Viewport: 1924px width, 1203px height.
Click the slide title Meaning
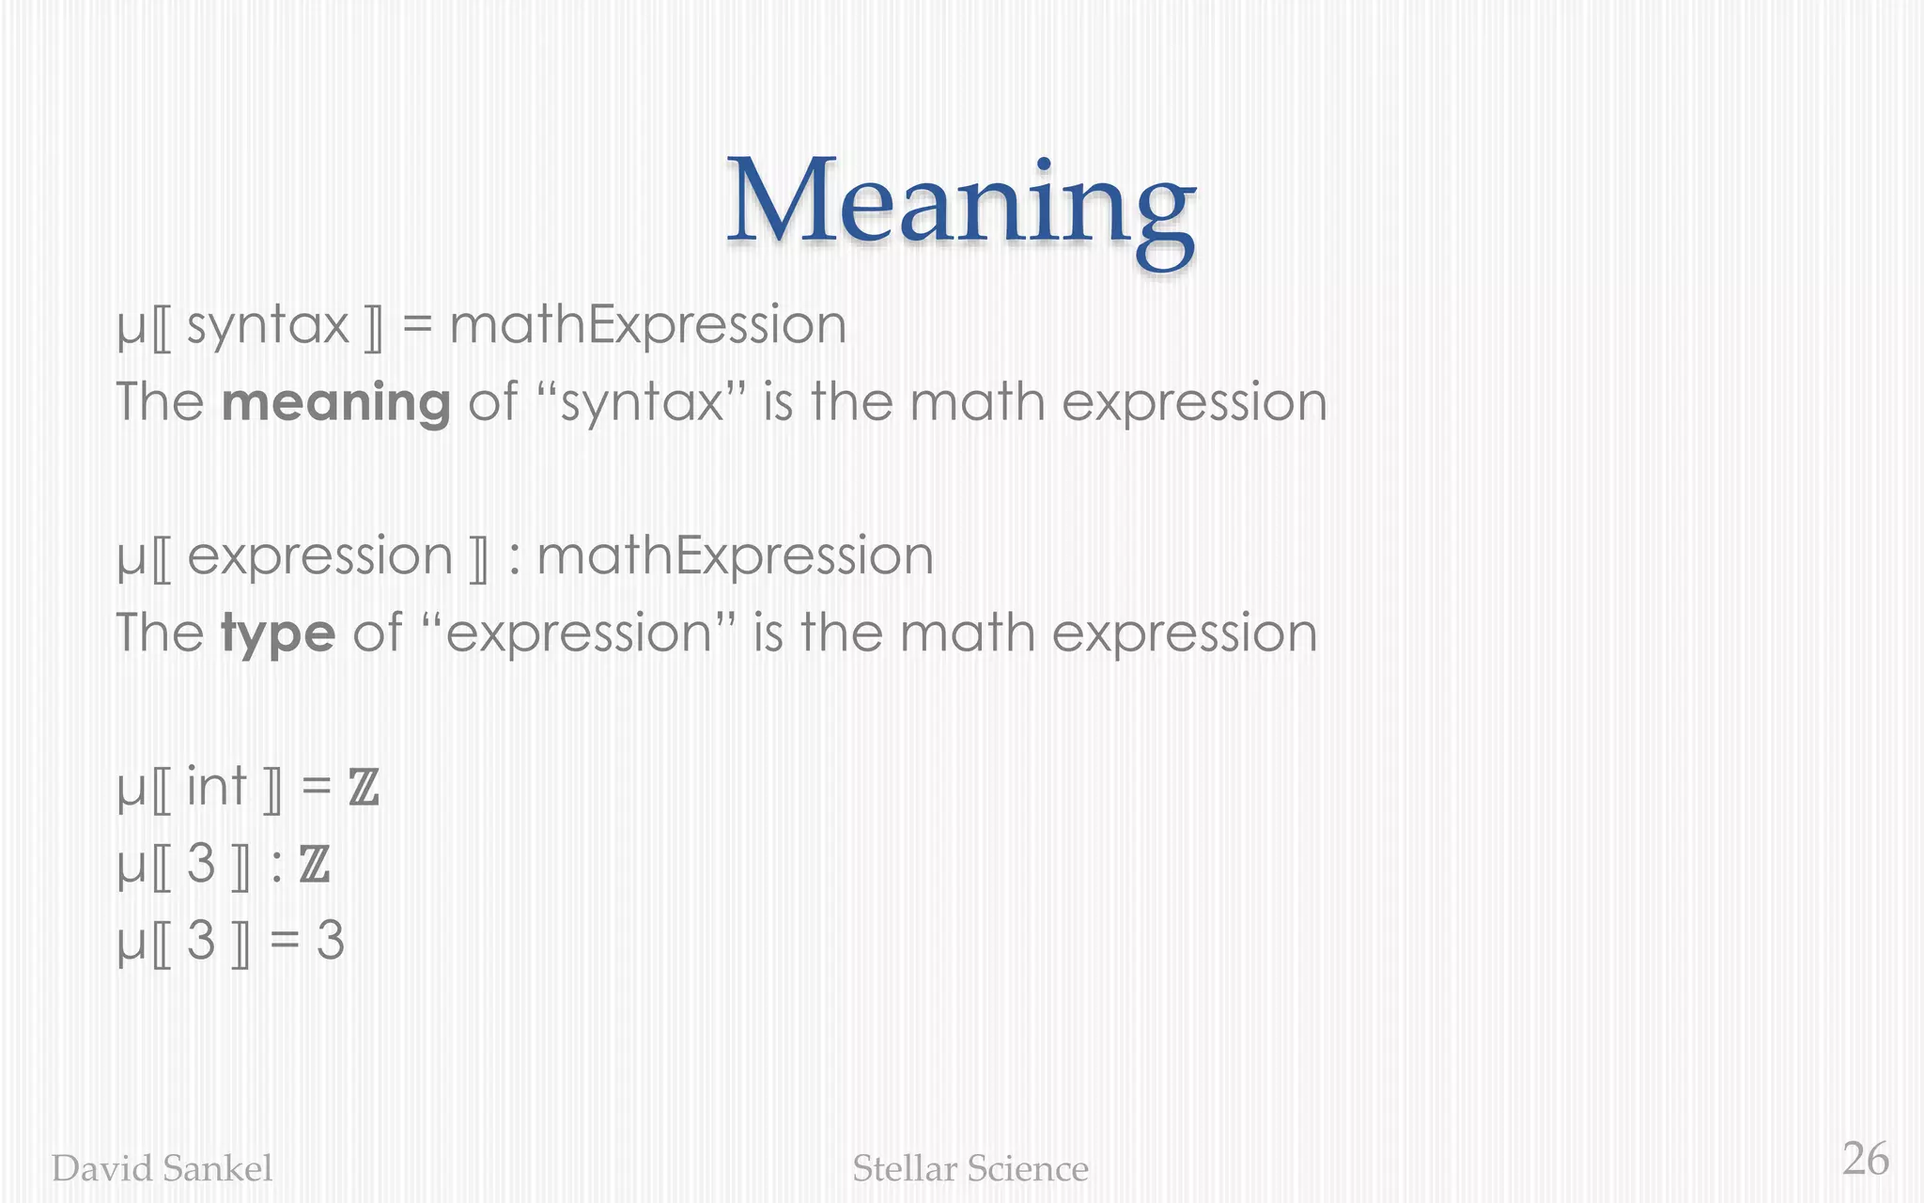click(960, 204)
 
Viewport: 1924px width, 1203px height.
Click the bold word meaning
click(335, 402)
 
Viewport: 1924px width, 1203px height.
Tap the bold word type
click(277, 633)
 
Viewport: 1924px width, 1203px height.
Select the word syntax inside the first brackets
click(268, 325)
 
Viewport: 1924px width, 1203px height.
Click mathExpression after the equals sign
click(648, 325)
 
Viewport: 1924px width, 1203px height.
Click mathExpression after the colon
click(735, 555)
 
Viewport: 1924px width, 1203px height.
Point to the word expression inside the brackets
click(320, 555)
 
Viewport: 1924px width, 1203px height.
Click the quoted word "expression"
click(579, 633)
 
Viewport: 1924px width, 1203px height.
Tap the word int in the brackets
click(216, 786)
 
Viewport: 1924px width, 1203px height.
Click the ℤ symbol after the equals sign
click(364, 788)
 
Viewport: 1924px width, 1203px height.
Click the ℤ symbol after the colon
click(315, 865)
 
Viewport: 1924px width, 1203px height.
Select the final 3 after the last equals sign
click(330, 941)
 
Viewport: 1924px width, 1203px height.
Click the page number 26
click(1865, 1159)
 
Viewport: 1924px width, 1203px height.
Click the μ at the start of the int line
click(131, 789)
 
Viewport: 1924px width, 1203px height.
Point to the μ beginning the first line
click(131, 329)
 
